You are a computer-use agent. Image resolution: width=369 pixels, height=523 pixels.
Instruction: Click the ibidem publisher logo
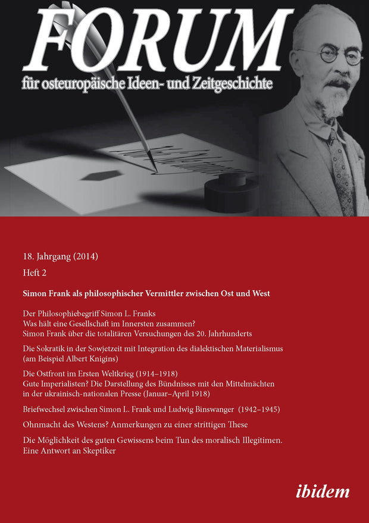click(x=322, y=491)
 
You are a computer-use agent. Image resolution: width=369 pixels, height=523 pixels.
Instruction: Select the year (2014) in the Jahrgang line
click(x=84, y=257)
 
